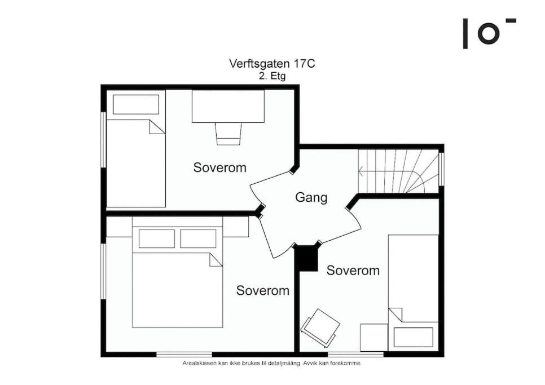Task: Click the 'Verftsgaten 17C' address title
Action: pos(272,64)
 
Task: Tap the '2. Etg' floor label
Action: pos(272,76)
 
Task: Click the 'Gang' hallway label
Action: pos(311,197)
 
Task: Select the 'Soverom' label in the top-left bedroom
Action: pos(219,167)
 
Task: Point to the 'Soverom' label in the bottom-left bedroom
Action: pos(263,290)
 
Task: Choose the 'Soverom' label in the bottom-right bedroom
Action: pos(353,271)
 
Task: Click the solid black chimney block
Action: pos(306,258)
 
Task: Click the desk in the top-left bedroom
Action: pos(228,106)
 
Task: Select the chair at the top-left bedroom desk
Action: pos(228,134)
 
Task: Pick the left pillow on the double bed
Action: pos(157,239)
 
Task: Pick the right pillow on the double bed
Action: pos(198,239)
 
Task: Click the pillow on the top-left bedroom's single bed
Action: pos(136,104)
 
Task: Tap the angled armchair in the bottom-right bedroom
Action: pos(320,328)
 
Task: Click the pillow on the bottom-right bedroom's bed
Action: pos(414,337)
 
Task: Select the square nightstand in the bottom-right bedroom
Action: pos(374,338)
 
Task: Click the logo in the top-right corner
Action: pos(489,33)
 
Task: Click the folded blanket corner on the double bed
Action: pos(216,260)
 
